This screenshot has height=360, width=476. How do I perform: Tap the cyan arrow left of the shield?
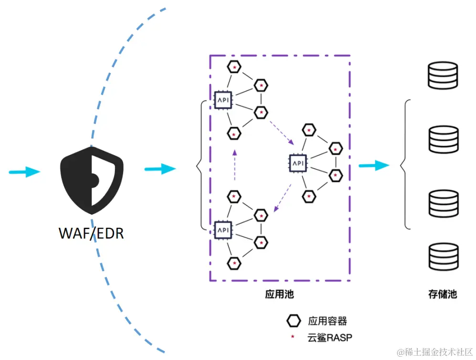coord(25,171)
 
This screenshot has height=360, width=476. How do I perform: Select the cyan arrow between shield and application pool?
coord(160,169)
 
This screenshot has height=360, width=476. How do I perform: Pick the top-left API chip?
coord(222,101)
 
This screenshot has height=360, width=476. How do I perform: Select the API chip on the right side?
coord(297,163)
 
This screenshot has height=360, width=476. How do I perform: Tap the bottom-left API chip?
coord(222,230)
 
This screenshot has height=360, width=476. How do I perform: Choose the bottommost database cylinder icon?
coord(443,258)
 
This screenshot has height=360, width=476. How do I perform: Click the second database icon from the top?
coord(443,138)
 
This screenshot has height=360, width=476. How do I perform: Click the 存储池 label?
coord(442,294)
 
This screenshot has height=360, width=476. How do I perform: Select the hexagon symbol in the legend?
coord(294,320)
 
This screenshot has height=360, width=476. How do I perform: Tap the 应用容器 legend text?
coord(327,320)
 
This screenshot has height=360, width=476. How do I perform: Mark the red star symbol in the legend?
coord(293,337)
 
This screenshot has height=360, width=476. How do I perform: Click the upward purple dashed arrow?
coord(234,165)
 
